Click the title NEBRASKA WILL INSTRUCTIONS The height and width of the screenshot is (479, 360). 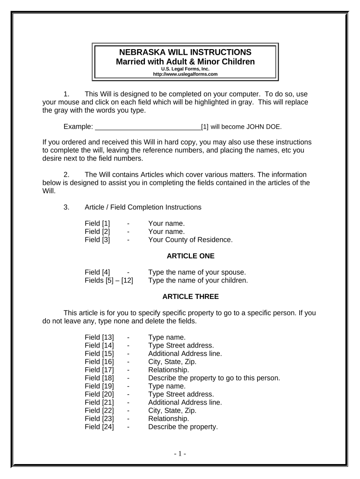pyautogui.click(x=186, y=52)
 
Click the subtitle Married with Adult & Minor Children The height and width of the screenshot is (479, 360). pyautogui.click(x=186, y=62)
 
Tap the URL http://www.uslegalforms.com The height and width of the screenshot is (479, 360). pyautogui.click(x=186, y=74)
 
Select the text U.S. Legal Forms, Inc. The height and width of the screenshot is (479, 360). pyautogui.click(x=186, y=69)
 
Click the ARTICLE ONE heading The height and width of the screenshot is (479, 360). pyautogui.click(x=190, y=256)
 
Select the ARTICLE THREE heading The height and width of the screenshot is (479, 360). pyautogui.click(x=190, y=297)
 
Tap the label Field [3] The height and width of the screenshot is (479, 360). pyautogui.click(x=97, y=240)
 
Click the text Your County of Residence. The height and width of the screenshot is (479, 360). pyautogui.click(x=190, y=240)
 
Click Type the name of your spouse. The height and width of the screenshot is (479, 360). pyautogui.click(x=197, y=272)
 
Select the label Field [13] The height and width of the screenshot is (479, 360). pyautogui.click(x=99, y=337)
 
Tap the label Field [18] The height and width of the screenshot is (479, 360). pyautogui.click(x=99, y=378)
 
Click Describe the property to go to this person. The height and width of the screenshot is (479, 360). pyautogui.click(x=214, y=378)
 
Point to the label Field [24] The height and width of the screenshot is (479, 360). pyautogui.click(x=99, y=427)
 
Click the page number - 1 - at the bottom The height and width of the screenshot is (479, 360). pyautogui.click(x=180, y=454)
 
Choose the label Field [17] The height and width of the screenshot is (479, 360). pyautogui.click(x=99, y=370)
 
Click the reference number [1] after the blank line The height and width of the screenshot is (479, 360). pyautogui.click(x=205, y=127)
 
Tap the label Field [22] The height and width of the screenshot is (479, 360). pyautogui.click(x=99, y=410)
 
